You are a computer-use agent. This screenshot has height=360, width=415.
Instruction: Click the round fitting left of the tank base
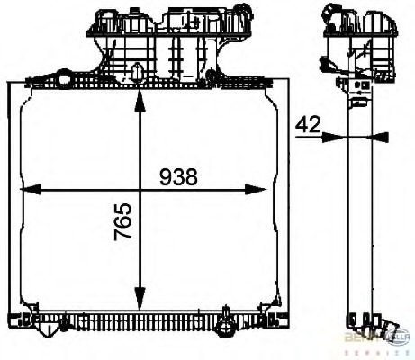click(x=66, y=80)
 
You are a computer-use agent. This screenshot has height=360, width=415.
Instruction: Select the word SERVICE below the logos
click(x=378, y=352)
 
